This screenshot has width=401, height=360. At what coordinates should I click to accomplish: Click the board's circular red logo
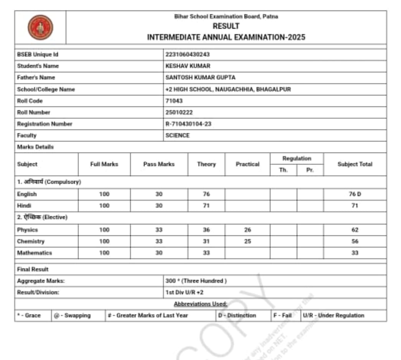(x=40, y=27)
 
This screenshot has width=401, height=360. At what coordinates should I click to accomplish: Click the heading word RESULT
(x=226, y=26)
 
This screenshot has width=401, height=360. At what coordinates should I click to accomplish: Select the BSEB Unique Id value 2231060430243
(x=188, y=54)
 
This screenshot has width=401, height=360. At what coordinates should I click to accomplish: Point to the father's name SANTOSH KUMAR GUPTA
(x=200, y=78)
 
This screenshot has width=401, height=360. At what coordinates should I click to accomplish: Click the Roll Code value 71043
(x=174, y=101)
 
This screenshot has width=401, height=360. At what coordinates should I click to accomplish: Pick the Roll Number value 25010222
(x=179, y=112)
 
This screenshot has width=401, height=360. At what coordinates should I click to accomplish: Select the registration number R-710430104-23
(x=188, y=124)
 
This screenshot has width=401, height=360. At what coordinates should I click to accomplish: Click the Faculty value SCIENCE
(x=177, y=135)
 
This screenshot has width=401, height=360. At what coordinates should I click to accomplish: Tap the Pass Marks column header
(x=159, y=164)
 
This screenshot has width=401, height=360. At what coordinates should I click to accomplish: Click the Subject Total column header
(x=355, y=164)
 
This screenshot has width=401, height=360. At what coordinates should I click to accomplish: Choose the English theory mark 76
(x=206, y=194)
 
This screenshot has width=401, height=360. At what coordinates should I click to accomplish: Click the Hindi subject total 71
(x=355, y=206)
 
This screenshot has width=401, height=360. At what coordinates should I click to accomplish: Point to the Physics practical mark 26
(x=248, y=230)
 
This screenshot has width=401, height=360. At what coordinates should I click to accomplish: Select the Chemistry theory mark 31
(x=206, y=241)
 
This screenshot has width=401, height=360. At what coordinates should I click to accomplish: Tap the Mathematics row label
(x=35, y=253)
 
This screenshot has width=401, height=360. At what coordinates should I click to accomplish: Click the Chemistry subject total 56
(x=355, y=241)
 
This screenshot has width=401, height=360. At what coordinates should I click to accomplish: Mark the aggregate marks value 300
(x=170, y=281)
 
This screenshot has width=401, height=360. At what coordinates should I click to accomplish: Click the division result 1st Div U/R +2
(x=184, y=292)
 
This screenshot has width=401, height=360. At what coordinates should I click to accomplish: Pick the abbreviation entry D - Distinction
(x=237, y=315)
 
